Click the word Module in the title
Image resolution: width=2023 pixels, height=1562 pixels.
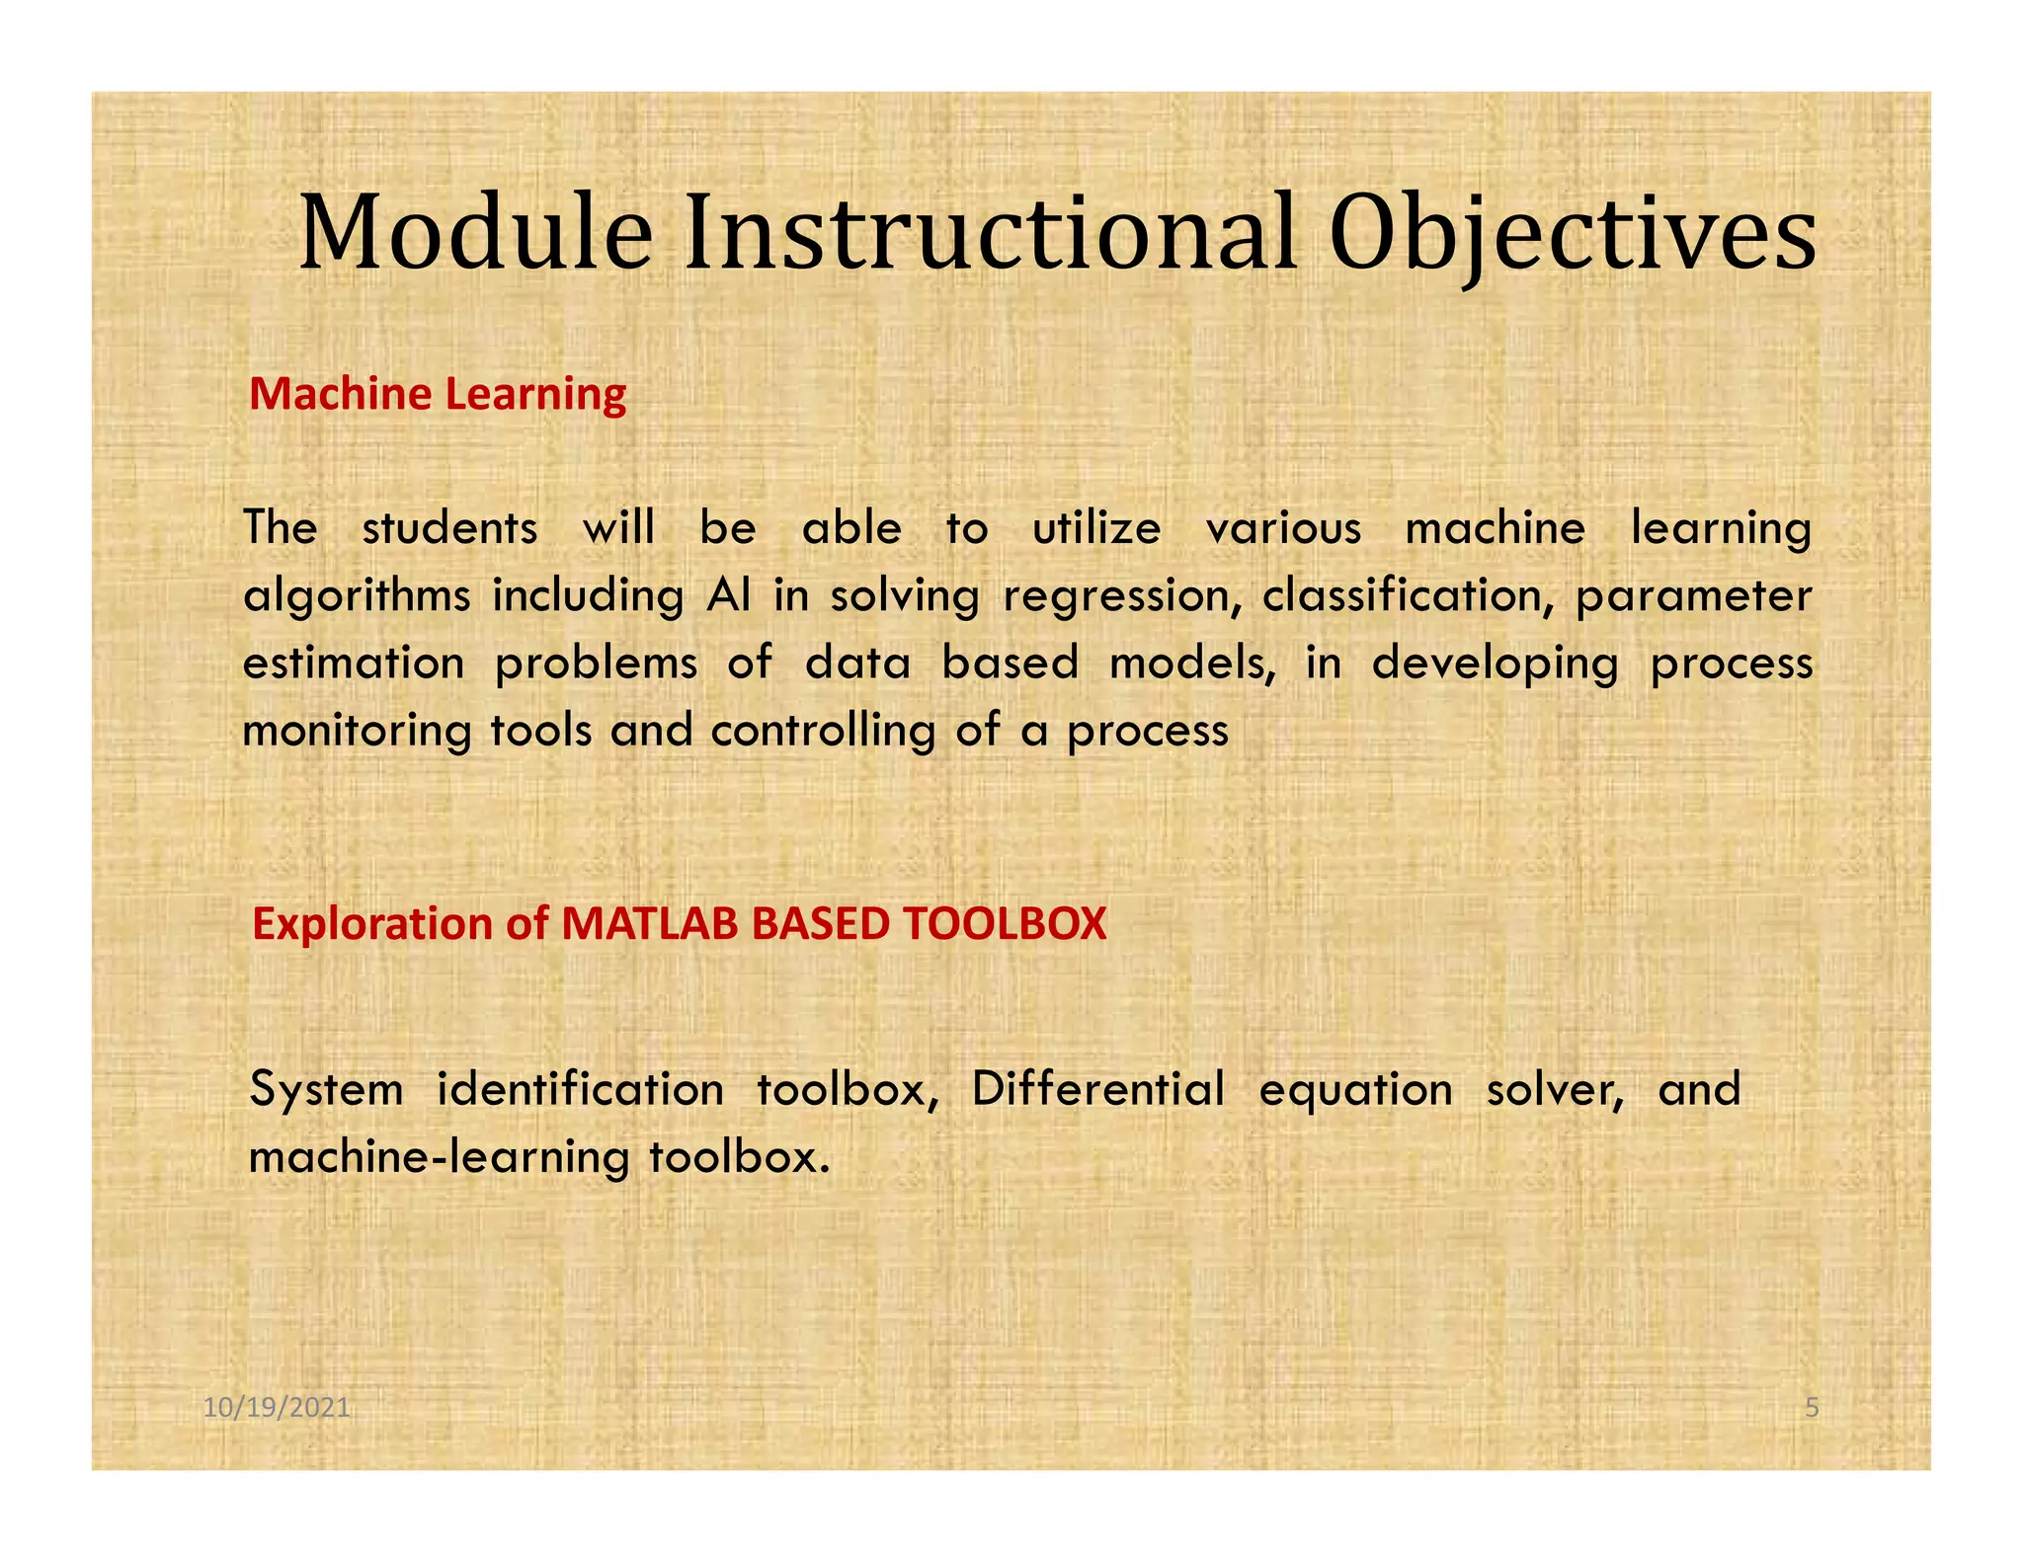(x=475, y=235)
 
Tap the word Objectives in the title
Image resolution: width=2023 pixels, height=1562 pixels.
(x=1572, y=235)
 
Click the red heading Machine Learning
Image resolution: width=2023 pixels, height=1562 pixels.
(x=438, y=394)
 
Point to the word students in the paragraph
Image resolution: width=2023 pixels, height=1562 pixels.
(x=449, y=529)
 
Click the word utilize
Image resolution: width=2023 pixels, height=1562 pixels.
(x=1096, y=529)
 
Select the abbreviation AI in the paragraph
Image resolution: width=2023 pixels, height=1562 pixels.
(x=729, y=596)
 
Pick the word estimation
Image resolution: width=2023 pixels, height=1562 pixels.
(x=354, y=664)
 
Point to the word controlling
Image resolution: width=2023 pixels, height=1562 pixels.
(x=822, y=732)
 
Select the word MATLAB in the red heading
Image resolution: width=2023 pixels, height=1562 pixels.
(x=649, y=924)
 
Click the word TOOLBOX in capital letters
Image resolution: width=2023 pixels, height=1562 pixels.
(x=1004, y=924)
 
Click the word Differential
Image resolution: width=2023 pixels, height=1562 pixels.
(x=1097, y=1090)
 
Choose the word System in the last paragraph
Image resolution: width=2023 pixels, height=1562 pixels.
(x=327, y=1090)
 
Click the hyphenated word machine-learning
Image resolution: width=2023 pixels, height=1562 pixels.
(x=439, y=1157)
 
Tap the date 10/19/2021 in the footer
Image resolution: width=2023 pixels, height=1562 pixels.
(x=277, y=1408)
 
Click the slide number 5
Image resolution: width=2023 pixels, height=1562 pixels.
(x=1812, y=1408)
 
